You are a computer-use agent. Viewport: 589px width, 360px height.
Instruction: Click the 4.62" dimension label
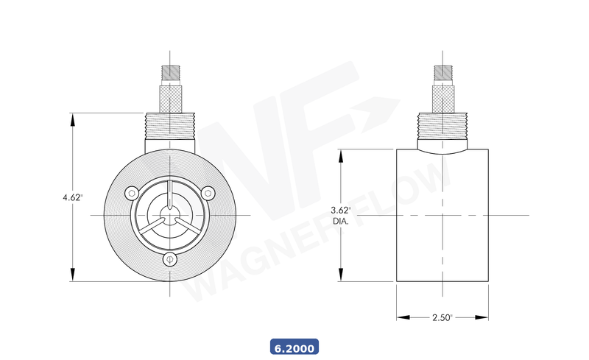72,197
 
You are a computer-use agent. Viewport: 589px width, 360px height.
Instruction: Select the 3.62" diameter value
341,211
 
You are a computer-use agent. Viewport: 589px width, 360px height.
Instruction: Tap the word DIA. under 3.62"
341,220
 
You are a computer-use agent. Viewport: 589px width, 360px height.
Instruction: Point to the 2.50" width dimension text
442,317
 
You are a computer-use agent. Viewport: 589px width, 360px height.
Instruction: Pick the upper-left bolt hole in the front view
132,193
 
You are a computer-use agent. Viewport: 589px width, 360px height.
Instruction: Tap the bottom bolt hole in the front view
170,258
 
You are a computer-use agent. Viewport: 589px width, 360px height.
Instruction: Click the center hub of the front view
170,215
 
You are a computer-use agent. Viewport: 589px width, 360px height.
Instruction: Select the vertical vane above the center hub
170,195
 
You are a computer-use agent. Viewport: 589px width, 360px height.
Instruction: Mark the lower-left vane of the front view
152,225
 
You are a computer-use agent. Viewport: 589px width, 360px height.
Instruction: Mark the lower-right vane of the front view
188,225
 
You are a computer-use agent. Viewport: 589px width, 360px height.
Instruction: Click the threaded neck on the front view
170,124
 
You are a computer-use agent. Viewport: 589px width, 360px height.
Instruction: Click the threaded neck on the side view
442,124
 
